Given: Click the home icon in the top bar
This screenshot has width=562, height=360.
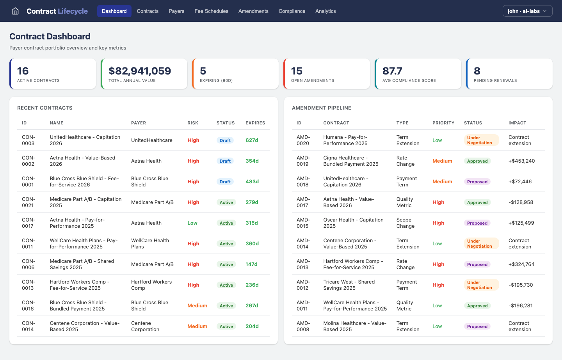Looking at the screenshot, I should [15, 11].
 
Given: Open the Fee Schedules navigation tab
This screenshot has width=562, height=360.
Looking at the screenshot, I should [211, 11].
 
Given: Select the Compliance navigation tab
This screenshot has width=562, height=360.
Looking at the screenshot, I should [292, 11].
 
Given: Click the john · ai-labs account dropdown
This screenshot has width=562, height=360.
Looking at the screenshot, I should [527, 11].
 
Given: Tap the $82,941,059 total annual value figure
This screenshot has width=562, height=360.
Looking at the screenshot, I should [140, 71].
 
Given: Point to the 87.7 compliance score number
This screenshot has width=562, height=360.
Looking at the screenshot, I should [392, 71].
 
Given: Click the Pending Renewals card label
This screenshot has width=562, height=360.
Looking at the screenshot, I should [495, 81].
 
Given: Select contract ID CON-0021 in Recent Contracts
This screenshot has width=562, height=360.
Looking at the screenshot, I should [28, 202].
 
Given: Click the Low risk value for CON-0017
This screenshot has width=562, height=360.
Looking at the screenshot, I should [192, 223].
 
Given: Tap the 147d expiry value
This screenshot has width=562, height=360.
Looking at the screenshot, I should [251, 264].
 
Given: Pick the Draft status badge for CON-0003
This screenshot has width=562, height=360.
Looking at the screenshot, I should [225, 140].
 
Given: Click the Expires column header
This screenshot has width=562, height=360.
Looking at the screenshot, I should [255, 123].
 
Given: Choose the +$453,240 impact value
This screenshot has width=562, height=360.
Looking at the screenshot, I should [521, 161].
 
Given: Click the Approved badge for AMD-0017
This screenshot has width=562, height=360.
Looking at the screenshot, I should [477, 202].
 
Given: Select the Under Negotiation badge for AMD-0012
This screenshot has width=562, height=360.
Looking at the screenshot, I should [480, 285].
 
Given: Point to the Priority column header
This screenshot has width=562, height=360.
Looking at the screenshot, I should [443, 123].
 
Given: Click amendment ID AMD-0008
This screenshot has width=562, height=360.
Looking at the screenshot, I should [303, 326].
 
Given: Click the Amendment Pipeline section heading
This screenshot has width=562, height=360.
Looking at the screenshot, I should [321, 108].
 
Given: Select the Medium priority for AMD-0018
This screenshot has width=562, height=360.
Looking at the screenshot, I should [442, 182].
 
